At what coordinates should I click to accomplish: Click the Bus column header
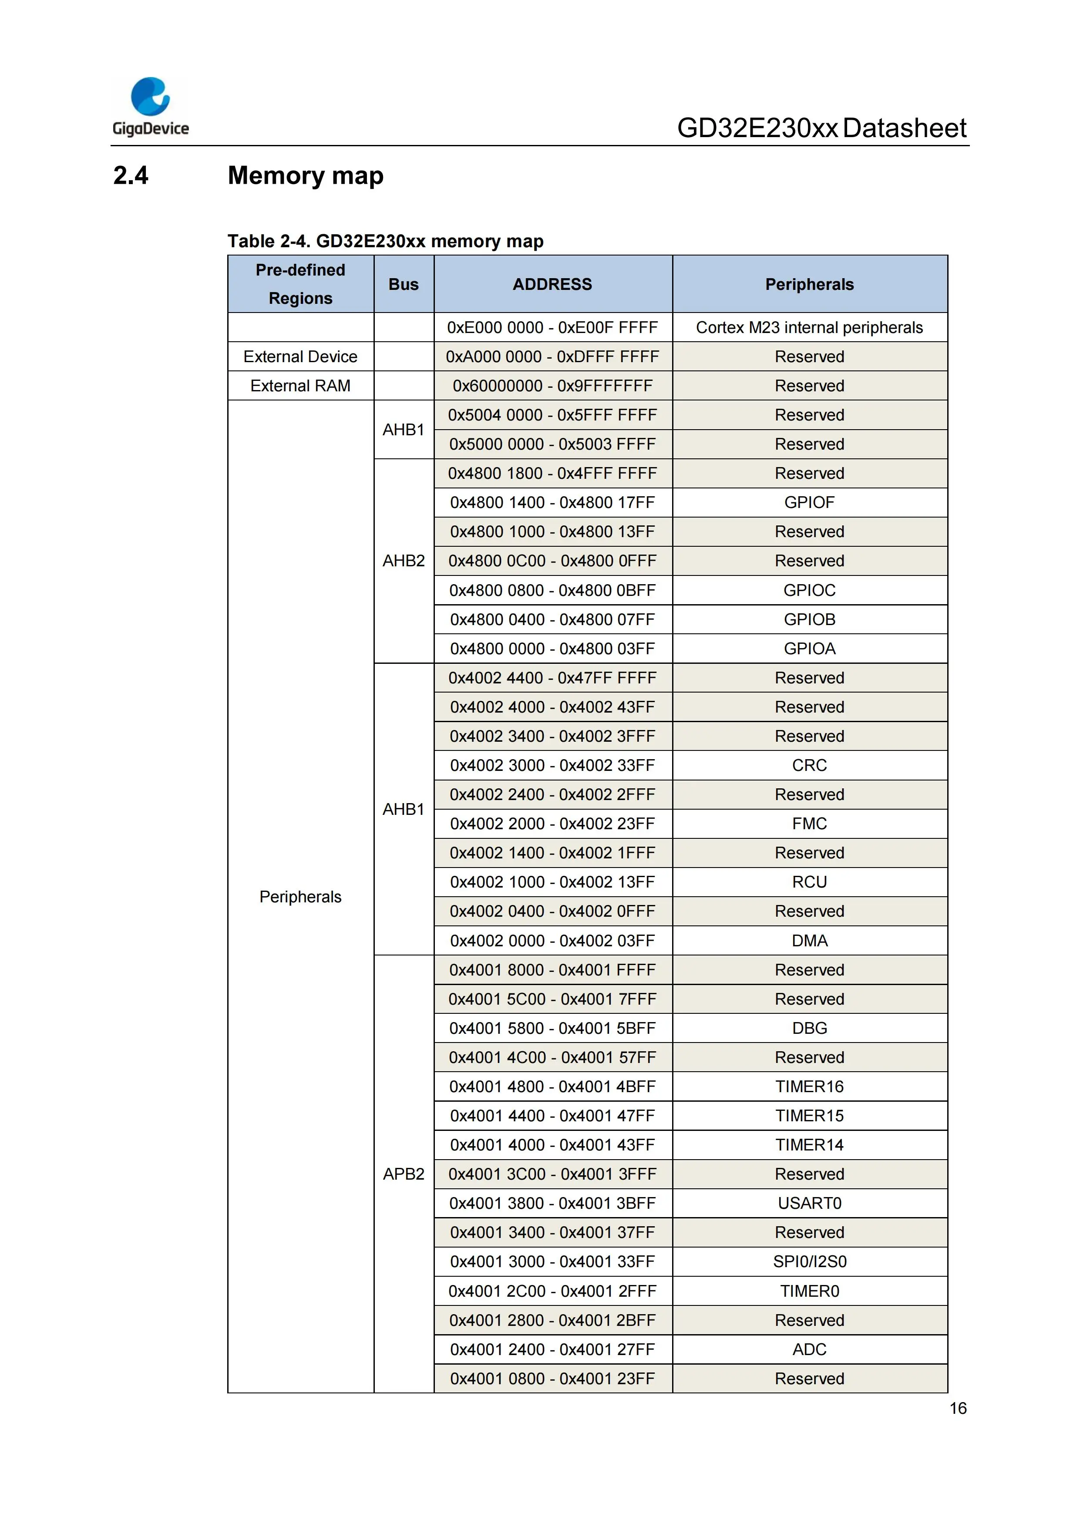(404, 285)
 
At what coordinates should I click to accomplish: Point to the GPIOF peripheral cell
(809, 503)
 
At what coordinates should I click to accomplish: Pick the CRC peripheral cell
(809, 766)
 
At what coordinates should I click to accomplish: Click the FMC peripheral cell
(809, 824)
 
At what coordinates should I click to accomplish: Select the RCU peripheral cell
(809, 882)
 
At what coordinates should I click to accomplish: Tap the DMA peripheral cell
(809, 941)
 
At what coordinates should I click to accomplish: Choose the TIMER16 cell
(809, 1087)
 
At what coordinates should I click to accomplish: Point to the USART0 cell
(809, 1204)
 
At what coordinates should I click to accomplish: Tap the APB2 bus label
(404, 1174)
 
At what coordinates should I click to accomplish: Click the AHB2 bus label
(404, 562)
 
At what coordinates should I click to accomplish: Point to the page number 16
(958, 1409)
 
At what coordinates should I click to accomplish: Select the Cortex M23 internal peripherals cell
(809, 328)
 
